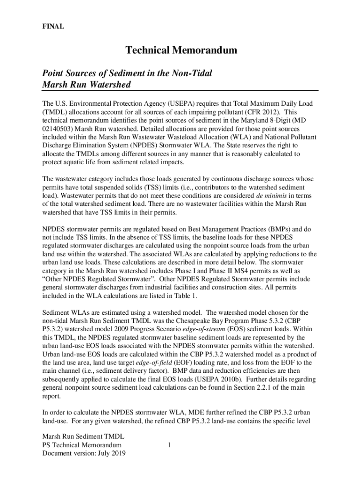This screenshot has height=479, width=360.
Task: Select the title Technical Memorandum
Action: (180, 51)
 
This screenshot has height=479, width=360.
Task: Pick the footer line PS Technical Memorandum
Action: (82, 445)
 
